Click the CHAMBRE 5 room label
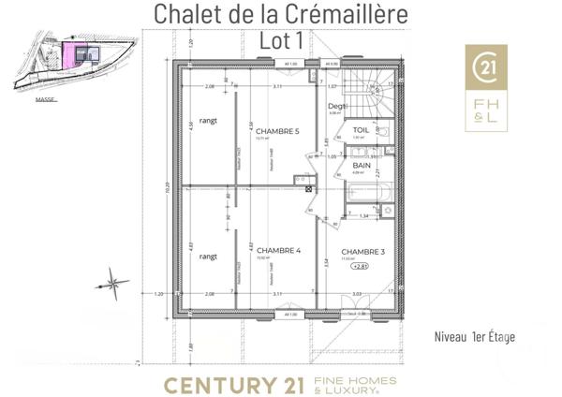tap(277, 131)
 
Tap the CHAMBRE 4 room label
tap(277, 250)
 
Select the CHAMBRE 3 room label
tap(362, 252)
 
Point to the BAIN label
tap(362, 166)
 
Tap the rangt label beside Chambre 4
tap(209, 255)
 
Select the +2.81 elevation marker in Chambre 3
tap(359, 267)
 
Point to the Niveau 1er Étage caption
tap(475, 336)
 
